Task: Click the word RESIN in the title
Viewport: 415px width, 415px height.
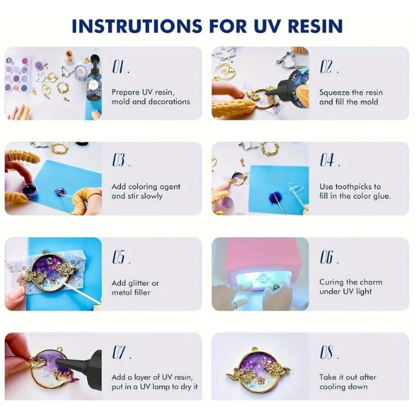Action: pos(315,26)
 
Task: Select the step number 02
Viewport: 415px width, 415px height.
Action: pos(326,66)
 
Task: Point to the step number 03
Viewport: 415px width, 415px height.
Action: pos(118,160)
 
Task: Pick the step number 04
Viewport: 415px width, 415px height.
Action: pos(327,160)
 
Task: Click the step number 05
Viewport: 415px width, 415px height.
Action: pos(118,257)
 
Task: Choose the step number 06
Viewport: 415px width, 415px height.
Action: pos(326,257)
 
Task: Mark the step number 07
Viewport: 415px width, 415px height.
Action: pos(118,352)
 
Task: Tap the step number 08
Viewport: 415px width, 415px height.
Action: pos(326,352)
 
